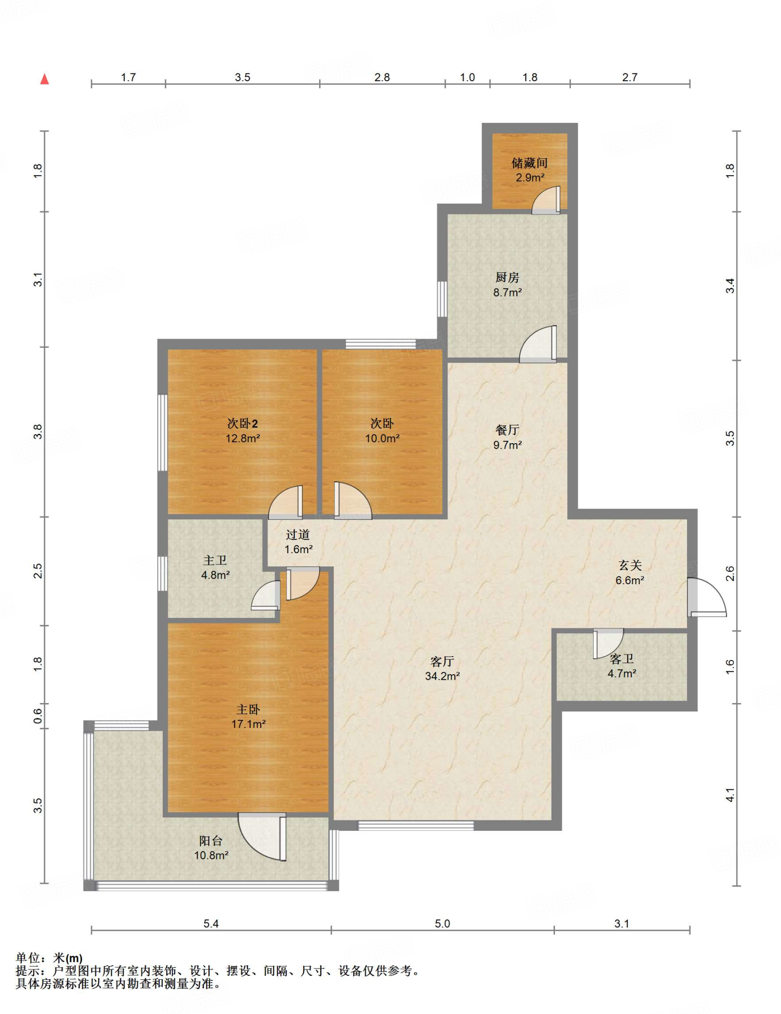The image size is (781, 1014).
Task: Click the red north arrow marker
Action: [x=45, y=79]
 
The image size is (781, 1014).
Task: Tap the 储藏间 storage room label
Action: [x=529, y=162]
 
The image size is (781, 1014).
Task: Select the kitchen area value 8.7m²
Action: [x=507, y=292]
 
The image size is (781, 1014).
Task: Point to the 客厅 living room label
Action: [x=442, y=661]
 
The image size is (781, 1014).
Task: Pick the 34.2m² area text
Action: [x=442, y=676]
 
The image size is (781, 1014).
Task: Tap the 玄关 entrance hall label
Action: [x=630, y=565]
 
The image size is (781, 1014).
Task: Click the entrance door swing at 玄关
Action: [x=707, y=597]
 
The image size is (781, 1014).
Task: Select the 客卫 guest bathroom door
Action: [x=608, y=643]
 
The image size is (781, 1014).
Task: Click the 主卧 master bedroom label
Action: [x=248, y=709]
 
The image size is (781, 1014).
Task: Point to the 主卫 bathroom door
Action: [x=266, y=595]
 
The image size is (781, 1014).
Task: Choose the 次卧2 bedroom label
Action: [x=242, y=423]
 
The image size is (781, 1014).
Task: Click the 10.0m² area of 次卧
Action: [x=382, y=438]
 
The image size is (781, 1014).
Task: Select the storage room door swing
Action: [x=546, y=200]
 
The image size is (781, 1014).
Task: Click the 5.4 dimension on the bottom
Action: [x=211, y=923]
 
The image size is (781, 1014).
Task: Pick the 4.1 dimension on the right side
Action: [x=730, y=795]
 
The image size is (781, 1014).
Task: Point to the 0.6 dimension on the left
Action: [x=38, y=715]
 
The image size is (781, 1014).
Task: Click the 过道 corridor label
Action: [x=298, y=534]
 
